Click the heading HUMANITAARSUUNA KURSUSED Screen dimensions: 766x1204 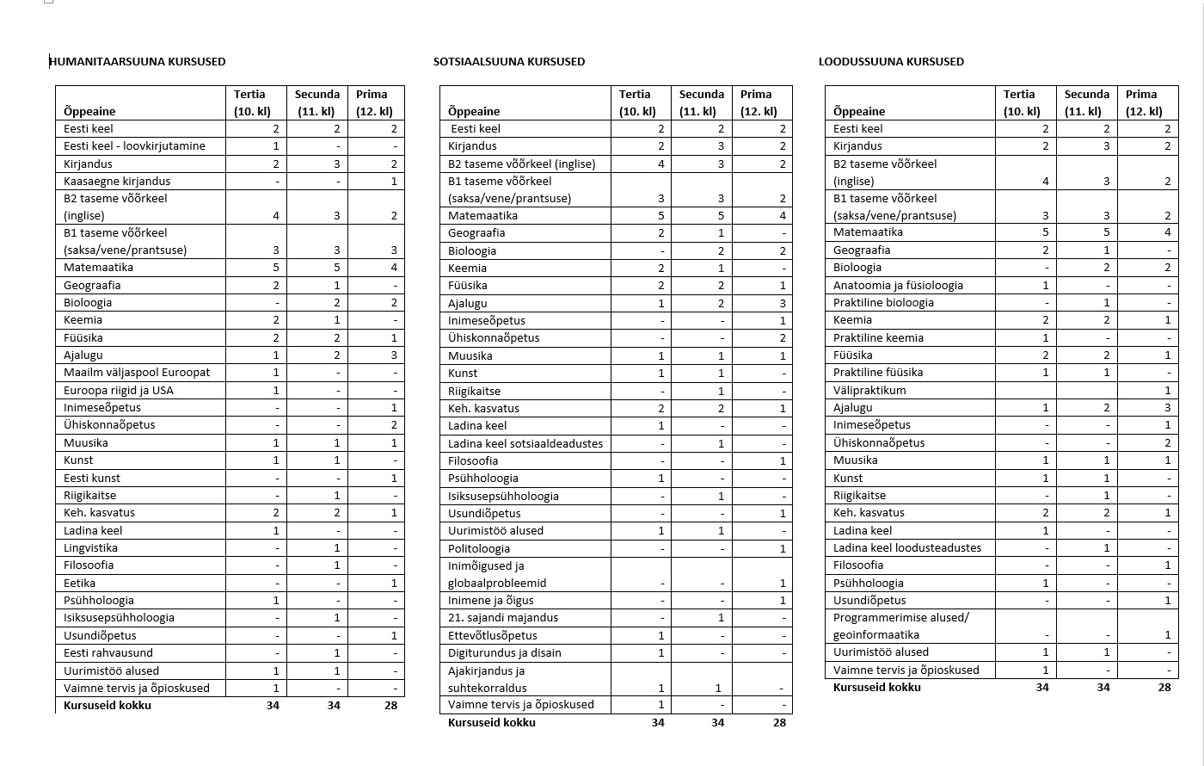pos(138,62)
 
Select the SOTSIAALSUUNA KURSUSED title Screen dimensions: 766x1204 pos(509,62)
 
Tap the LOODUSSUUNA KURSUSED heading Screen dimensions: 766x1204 pos(891,62)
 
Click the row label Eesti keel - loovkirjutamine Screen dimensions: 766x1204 pos(134,146)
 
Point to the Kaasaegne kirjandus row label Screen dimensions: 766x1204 pos(117,182)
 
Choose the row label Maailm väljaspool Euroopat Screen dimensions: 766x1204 pos(137,373)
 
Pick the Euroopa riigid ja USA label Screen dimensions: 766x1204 pos(119,390)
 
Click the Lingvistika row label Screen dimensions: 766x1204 pos(90,548)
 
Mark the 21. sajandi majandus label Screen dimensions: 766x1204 pos(503,617)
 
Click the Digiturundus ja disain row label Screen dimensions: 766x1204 pos(505,652)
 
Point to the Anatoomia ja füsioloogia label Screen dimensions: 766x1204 pos(898,286)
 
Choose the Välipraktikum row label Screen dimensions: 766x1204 pos(869,390)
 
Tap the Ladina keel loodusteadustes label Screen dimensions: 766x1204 pos(907,547)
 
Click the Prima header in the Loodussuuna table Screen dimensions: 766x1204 pos(1141,95)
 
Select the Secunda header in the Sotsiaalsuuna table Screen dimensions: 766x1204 pos(702,95)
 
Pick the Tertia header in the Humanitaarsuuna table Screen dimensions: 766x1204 pos(249,95)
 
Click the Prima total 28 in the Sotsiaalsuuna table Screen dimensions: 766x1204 pos(779,723)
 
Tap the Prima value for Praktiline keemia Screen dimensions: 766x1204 pos(1168,338)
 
